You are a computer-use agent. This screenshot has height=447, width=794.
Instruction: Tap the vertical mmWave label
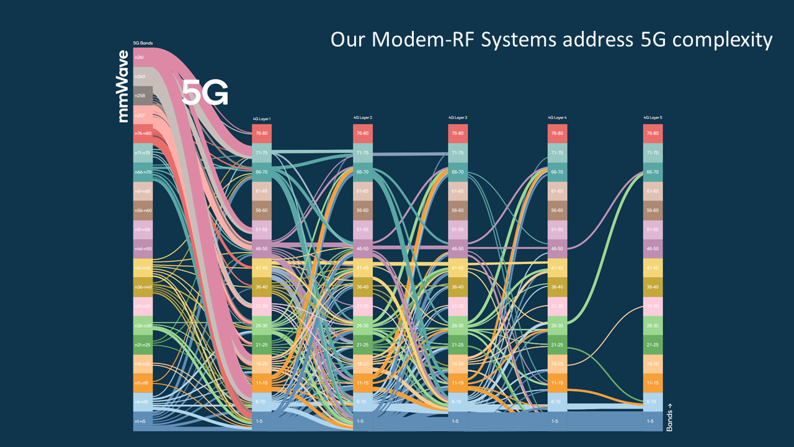coord(124,86)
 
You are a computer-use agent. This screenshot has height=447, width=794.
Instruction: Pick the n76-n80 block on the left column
coord(143,133)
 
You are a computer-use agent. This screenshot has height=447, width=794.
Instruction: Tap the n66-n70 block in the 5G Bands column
coord(143,172)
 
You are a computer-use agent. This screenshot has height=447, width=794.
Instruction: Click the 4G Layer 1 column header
coord(261,118)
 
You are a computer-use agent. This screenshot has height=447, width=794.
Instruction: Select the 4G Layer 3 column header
coord(458,117)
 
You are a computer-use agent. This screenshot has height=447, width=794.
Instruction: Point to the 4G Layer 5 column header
coord(653,117)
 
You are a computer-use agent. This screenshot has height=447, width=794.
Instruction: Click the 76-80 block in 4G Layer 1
coord(261,133)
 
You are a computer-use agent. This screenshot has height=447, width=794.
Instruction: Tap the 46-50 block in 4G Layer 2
coord(363,248)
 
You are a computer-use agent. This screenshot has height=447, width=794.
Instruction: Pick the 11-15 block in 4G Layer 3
coord(458,383)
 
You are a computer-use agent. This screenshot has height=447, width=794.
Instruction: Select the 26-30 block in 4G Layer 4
coord(557,325)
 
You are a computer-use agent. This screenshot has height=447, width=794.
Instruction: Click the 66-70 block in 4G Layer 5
coord(653,172)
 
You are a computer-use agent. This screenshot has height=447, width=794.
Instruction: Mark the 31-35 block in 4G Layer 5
coord(653,306)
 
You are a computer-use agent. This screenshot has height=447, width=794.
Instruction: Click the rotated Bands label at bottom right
coord(669,417)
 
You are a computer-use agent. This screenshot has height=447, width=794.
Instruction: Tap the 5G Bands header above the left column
coord(143,43)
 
